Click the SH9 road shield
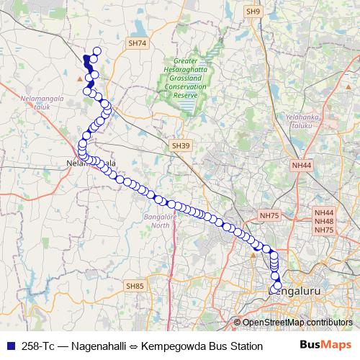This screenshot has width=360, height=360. pyautogui.click(x=252, y=12)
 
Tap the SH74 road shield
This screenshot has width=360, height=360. pyautogui.click(x=137, y=43)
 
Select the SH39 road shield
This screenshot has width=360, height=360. pyautogui.click(x=181, y=145)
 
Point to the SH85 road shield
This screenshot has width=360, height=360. pyautogui.click(x=135, y=286)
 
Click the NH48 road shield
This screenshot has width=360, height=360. pyautogui.click(x=324, y=221)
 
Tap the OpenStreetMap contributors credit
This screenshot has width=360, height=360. pyautogui.click(x=297, y=323)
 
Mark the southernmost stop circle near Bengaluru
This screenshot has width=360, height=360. pyautogui.click(x=278, y=287)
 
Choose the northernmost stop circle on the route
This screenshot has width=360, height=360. pyautogui.click(x=97, y=51)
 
